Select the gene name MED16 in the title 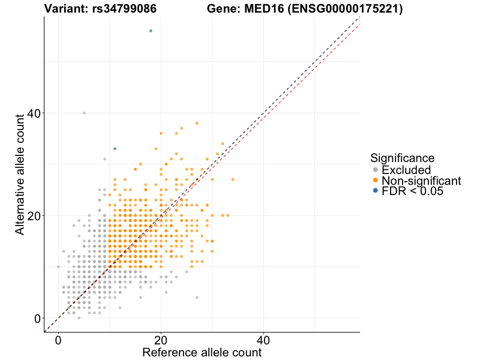pos(263,8)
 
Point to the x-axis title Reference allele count pos(202,352)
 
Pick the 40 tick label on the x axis pos(263,340)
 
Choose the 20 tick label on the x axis pos(161,340)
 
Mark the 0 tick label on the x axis pos(58,340)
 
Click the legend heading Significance pos(402,158)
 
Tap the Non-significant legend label pos(421,181)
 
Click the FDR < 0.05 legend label pos(412,191)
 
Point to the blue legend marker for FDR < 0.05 pos(376,191)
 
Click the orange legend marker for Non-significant pos(376,180)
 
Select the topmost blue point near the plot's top pos(151,31)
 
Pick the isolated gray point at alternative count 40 pos(84,113)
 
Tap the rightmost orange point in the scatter pos(233,179)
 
